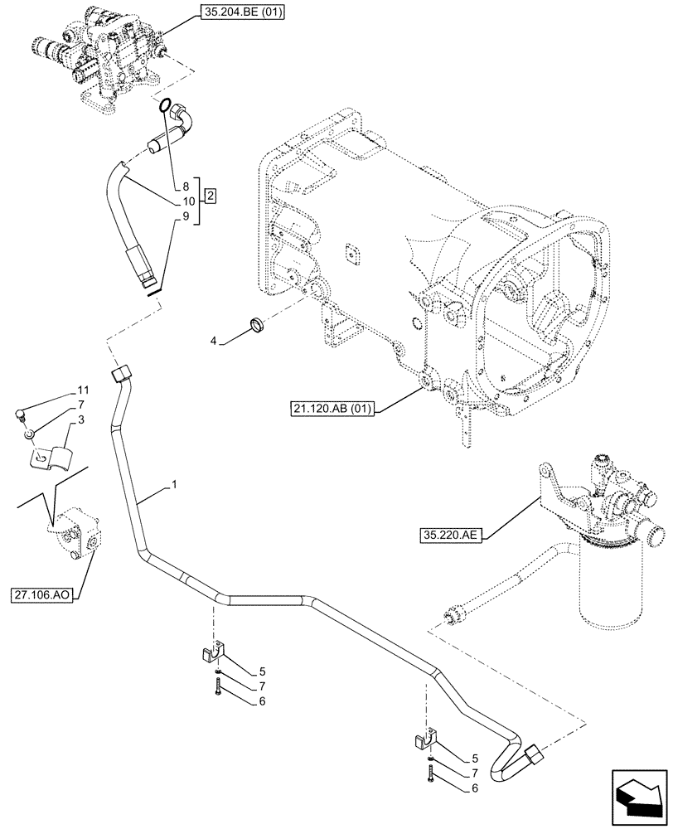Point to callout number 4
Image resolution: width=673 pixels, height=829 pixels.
click(x=213, y=339)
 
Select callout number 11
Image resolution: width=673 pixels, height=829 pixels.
click(x=82, y=390)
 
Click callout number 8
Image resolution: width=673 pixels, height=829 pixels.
click(x=186, y=187)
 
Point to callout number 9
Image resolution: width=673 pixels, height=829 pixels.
click(x=186, y=216)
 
